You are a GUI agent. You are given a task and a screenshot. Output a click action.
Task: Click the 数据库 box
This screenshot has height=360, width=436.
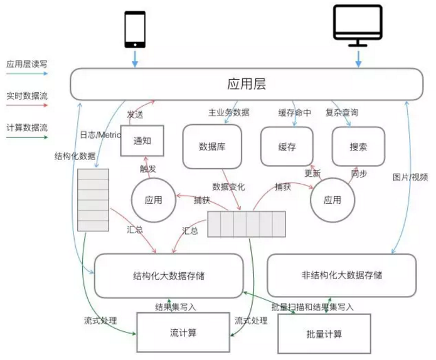point(211,146)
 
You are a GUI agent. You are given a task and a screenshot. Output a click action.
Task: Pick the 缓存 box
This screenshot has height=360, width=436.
point(287,146)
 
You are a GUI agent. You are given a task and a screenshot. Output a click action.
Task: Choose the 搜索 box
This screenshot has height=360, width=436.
point(358,146)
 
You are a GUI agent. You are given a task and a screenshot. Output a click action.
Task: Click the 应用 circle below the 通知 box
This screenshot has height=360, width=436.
point(153,199)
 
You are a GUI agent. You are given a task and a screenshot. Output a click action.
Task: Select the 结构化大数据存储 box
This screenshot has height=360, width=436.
point(169,275)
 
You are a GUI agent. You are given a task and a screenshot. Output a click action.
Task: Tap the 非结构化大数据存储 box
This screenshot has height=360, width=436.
point(342,275)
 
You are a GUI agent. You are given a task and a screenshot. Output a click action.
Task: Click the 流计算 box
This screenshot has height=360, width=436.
point(183,332)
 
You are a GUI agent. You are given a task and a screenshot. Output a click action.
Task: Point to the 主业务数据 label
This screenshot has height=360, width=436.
point(228,112)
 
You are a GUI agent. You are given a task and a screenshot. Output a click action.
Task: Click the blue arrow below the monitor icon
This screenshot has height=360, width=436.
point(358,58)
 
